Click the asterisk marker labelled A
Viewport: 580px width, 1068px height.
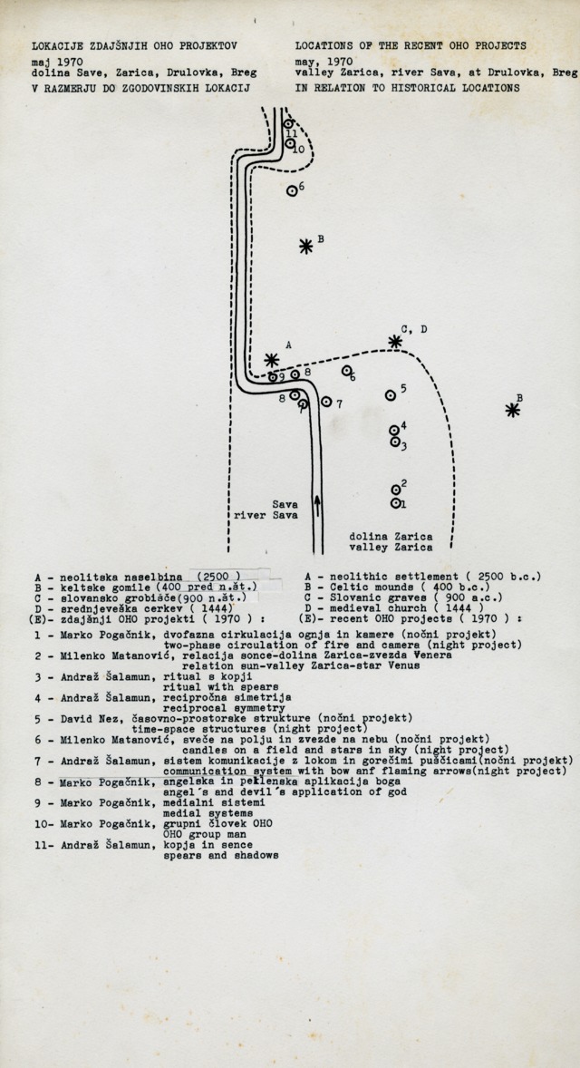pyautogui.click(x=271, y=359)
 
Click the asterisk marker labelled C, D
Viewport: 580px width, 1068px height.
pyautogui.click(x=395, y=342)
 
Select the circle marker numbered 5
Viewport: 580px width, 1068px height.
pyautogui.click(x=391, y=394)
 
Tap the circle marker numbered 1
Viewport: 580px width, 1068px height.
pyautogui.click(x=396, y=502)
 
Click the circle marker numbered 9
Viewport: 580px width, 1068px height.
pyautogui.click(x=274, y=377)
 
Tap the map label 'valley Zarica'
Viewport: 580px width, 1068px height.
pyautogui.click(x=391, y=548)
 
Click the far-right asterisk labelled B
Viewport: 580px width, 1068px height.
pyautogui.click(x=513, y=410)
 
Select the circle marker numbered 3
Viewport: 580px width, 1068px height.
pyautogui.click(x=395, y=442)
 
